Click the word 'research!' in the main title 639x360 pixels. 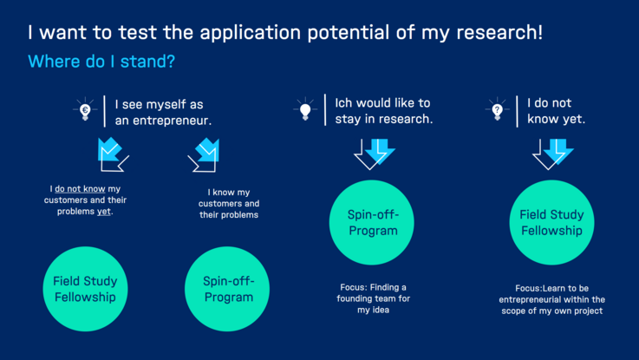click(499, 32)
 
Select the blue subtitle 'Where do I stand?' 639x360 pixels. click(101, 61)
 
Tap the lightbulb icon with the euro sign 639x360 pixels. click(85, 109)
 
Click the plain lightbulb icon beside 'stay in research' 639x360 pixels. click(305, 109)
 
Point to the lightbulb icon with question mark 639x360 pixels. click(497, 109)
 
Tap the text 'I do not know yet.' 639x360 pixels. click(556, 111)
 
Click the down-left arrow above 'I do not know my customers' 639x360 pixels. click(113, 154)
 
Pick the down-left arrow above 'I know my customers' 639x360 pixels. click(204, 155)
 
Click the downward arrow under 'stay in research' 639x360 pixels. click(374, 154)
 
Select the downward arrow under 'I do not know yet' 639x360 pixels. click(552, 154)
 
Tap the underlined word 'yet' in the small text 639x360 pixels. click(103, 211)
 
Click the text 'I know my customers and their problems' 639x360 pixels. click(229, 204)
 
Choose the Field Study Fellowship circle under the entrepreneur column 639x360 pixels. click(85, 289)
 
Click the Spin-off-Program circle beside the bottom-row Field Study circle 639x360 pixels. click(227, 289)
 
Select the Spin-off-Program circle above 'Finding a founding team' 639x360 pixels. click(372, 223)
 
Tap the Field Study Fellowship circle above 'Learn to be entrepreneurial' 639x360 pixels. click(551, 223)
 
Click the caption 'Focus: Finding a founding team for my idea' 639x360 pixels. click(374, 298)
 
